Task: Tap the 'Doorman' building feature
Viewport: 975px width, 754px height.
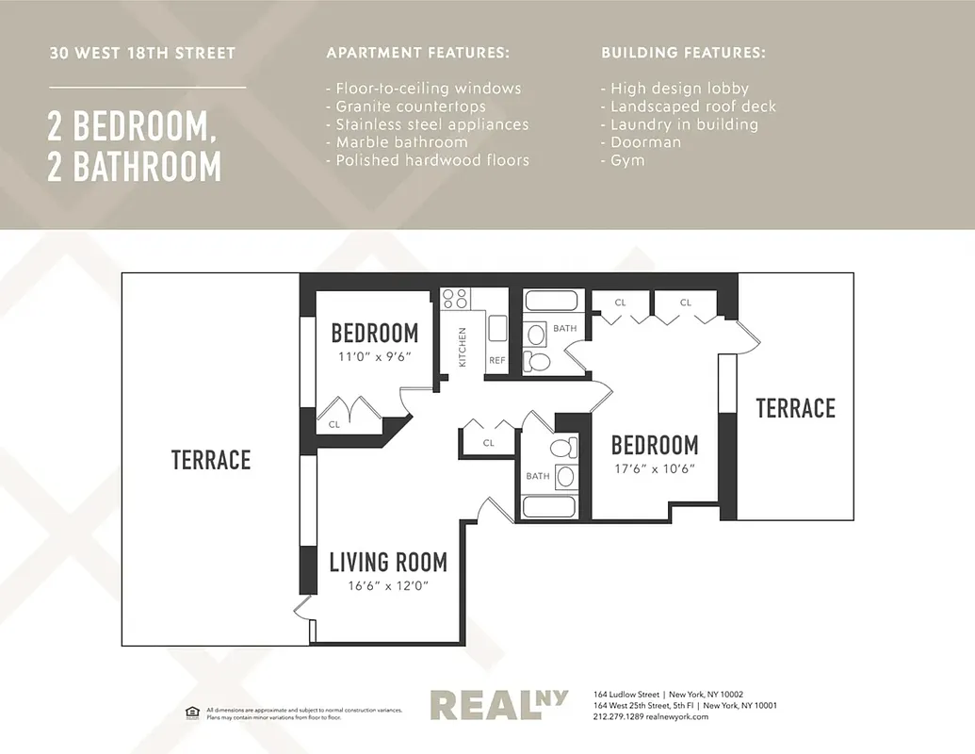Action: [x=645, y=142]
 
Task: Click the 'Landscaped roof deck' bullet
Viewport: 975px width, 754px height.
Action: [x=693, y=107]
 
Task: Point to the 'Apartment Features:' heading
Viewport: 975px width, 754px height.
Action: [x=417, y=53]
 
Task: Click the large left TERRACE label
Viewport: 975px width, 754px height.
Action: [x=211, y=460]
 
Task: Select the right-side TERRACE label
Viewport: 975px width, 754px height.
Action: [x=795, y=408]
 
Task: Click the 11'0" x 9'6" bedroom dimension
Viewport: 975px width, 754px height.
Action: [x=375, y=357]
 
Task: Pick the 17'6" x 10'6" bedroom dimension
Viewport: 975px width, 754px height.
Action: [x=655, y=468]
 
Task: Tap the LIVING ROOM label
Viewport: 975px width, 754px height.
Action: [x=388, y=563]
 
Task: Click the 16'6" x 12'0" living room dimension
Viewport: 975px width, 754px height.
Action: [x=388, y=585]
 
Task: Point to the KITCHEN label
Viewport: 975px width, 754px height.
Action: [x=463, y=347]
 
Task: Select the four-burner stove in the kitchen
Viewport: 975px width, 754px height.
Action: [x=455, y=299]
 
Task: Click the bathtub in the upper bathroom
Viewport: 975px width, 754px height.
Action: [x=551, y=302]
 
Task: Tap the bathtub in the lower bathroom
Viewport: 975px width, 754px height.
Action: [x=548, y=507]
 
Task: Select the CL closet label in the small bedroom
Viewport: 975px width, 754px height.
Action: [x=333, y=424]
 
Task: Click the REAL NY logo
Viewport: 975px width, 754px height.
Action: [x=498, y=705]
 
